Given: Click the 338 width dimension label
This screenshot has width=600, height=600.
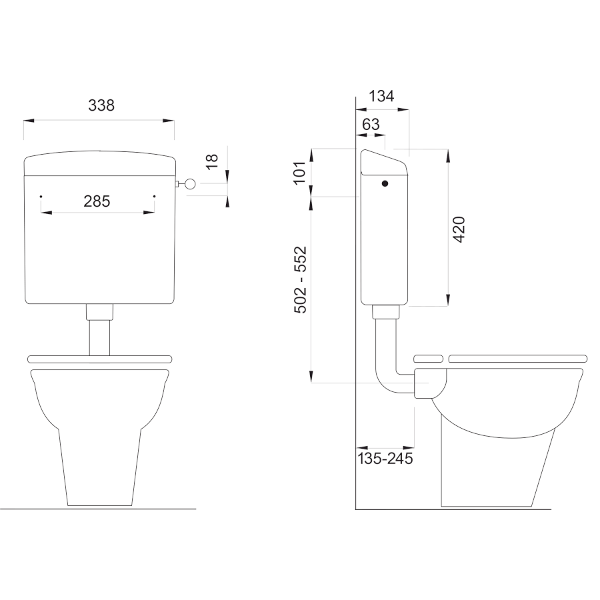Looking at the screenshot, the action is pyautogui.click(x=101, y=105).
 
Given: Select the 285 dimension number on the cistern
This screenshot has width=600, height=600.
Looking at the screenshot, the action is pyautogui.click(x=97, y=201).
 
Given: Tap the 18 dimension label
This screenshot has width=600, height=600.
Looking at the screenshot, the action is pyautogui.click(x=211, y=161).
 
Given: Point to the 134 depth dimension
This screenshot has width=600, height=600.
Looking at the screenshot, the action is pyautogui.click(x=381, y=96).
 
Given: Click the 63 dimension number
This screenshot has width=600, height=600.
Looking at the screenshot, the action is pyautogui.click(x=371, y=125).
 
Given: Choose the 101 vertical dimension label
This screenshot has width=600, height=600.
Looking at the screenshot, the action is pyautogui.click(x=301, y=173).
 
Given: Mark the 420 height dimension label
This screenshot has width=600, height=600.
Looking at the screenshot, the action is pyautogui.click(x=459, y=229).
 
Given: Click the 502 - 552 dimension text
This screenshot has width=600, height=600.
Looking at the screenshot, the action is pyautogui.click(x=301, y=280).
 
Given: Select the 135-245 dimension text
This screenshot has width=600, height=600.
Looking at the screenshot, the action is pyautogui.click(x=385, y=459).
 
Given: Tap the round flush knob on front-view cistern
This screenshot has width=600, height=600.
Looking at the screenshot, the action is pyautogui.click(x=190, y=184).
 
